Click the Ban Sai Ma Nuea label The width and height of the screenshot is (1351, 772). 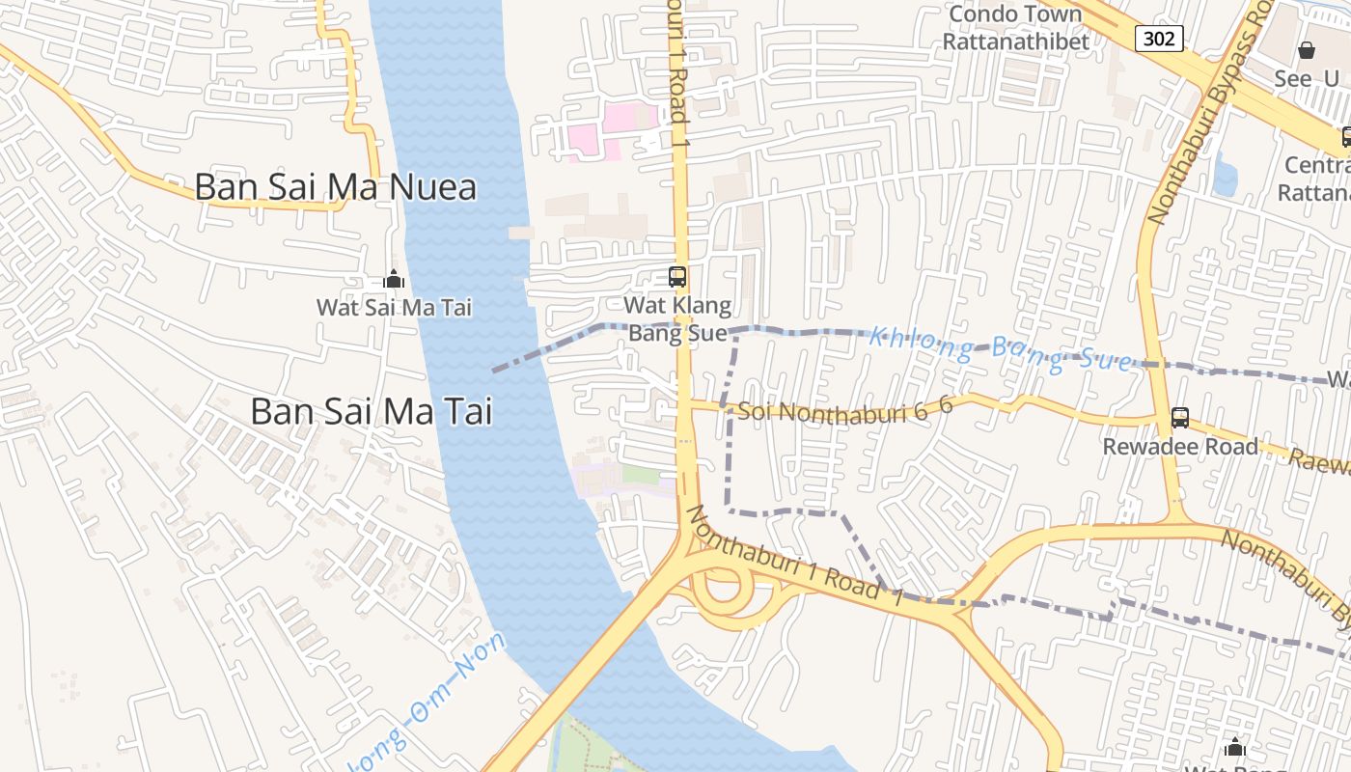[x=335, y=187]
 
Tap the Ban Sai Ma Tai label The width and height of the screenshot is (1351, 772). [x=372, y=411]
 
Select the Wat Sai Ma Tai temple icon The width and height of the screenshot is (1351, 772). [x=394, y=280]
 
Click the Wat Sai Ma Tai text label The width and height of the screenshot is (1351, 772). [x=394, y=308]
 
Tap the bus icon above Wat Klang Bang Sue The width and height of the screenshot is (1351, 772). [x=677, y=277]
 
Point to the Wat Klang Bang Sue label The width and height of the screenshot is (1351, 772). [x=677, y=319]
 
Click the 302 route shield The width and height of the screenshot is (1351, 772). [x=1158, y=39]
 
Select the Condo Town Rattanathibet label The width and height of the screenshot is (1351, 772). [x=1015, y=28]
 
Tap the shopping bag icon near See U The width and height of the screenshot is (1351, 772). [x=1307, y=50]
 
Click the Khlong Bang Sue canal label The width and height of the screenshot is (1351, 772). [x=999, y=349]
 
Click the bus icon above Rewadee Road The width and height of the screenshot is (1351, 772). [x=1179, y=418]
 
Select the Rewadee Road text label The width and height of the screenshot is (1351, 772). [x=1180, y=447]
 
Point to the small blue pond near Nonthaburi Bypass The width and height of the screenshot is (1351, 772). [x=1226, y=177]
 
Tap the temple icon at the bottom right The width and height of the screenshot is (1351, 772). [x=1234, y=747]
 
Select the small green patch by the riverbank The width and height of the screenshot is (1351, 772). [x=640, y=475]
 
